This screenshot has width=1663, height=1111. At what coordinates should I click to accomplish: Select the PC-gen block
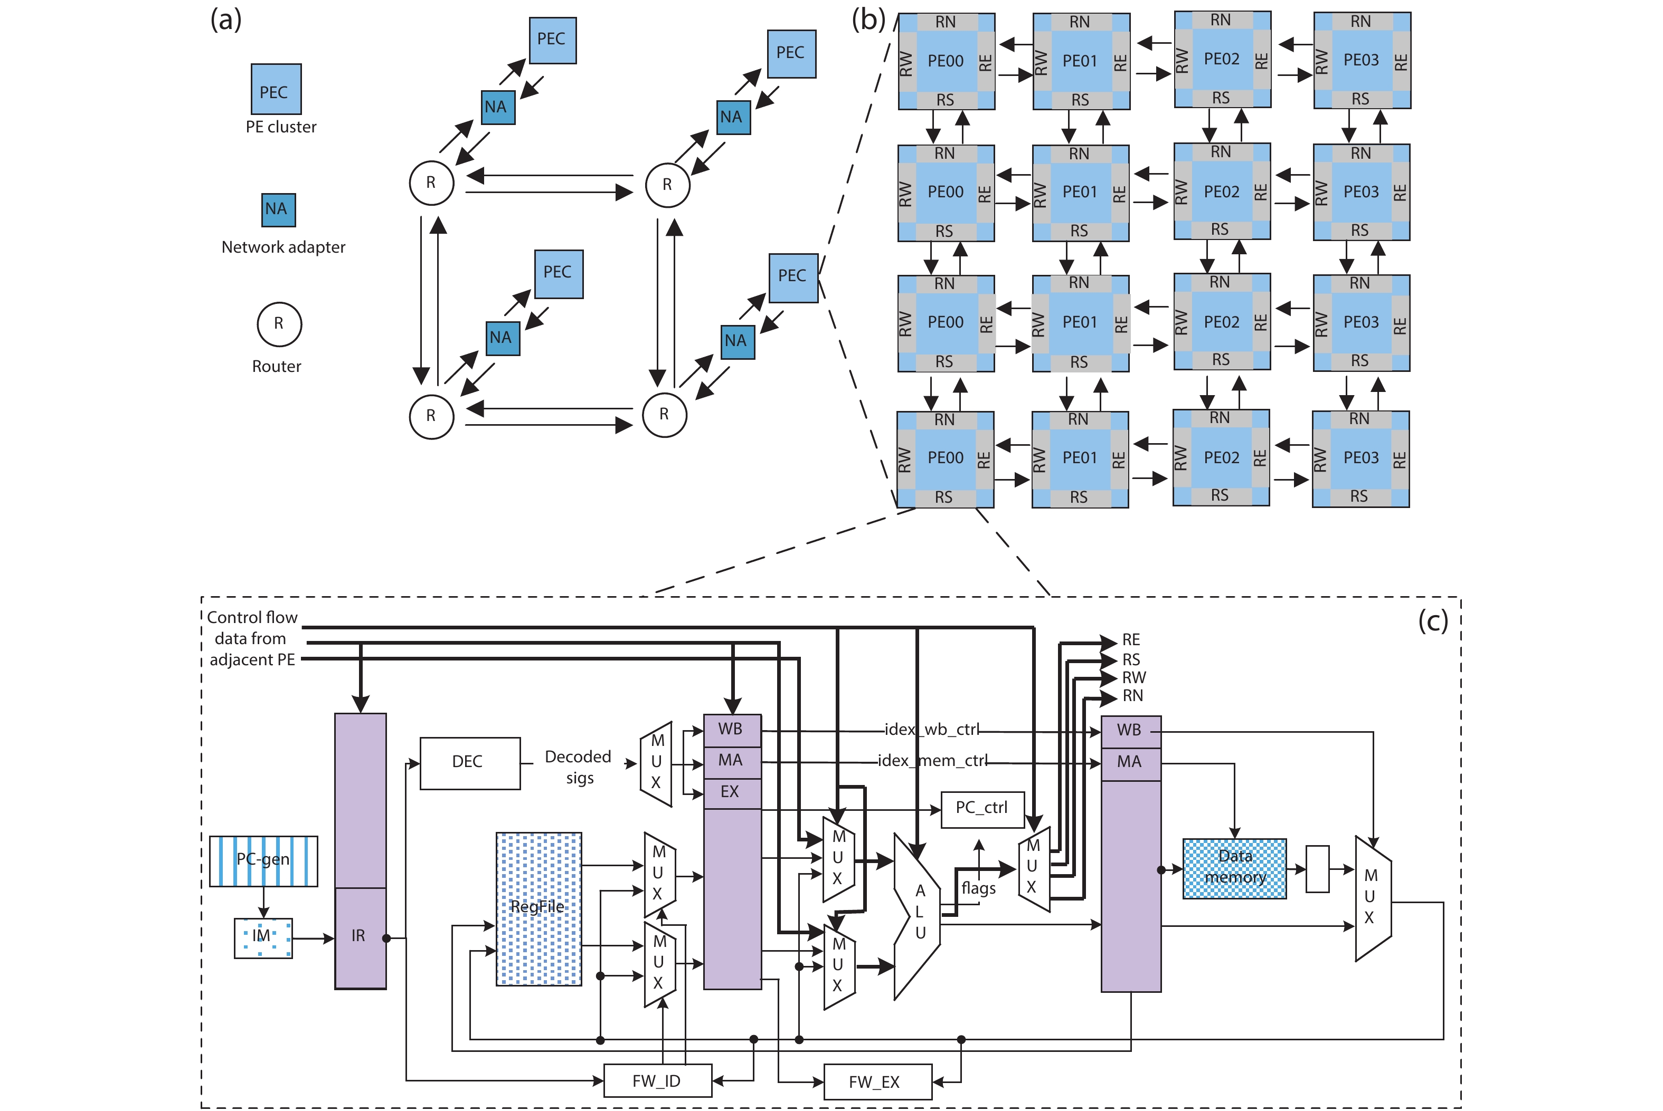coord(263,860)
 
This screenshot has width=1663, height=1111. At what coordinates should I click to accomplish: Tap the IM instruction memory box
coord(263,937)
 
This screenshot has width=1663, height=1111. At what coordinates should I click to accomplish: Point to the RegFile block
coord(538,908)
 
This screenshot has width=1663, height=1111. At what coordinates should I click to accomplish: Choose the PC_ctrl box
coord(982,808)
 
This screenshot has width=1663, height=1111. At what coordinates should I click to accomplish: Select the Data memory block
coord(1234,868)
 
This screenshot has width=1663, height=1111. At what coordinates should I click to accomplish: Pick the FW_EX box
coord(877,1082)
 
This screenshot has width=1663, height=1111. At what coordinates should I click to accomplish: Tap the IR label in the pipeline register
coord(358,936)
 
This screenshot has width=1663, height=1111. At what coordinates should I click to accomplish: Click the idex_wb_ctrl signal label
coord(931,729)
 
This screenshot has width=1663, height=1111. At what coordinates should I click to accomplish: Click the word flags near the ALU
coord(978,888)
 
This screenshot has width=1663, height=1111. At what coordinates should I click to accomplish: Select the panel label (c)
coord(1433,621)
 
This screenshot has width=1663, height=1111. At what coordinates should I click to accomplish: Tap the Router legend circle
coord(279,324)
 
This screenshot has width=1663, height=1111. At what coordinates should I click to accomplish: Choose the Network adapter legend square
coord(278,210)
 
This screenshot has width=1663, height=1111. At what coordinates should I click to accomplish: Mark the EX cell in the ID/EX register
coord(731,792)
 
